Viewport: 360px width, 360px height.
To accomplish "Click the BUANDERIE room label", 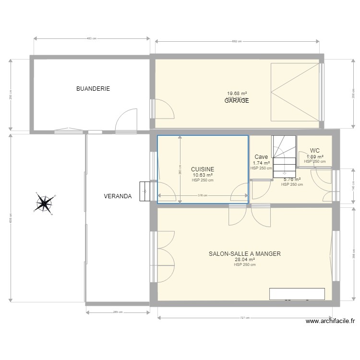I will pos(93,89).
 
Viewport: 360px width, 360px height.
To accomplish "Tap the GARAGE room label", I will pos(237,101).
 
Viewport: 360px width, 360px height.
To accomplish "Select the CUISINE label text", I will pos(203,169).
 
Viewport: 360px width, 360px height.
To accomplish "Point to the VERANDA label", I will pos(118,196).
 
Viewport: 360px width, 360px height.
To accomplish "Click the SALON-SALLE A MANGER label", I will pos(245,254).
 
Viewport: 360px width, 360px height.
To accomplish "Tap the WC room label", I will pos(315,151).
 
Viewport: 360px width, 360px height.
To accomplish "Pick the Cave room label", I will pos(261,157).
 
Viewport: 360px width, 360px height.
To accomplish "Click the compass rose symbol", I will pos(44,204).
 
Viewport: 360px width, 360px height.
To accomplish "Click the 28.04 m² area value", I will pos(245,260).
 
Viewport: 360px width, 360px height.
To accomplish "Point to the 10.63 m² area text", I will pos(203,175).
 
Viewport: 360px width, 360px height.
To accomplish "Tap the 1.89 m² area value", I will pos(315,156).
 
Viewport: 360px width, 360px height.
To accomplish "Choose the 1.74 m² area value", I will pos(261,163).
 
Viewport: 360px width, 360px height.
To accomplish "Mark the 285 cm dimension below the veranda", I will pos(118,312).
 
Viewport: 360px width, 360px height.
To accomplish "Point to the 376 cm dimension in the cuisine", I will pos(203,195).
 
